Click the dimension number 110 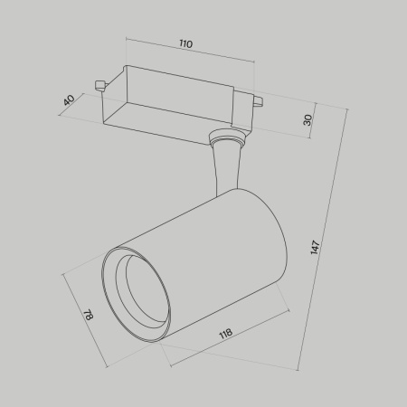(x=185, y=44)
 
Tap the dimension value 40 (x=68, y=100)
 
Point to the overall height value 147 (x=314, y=245)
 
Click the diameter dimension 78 (x=88, y=316)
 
